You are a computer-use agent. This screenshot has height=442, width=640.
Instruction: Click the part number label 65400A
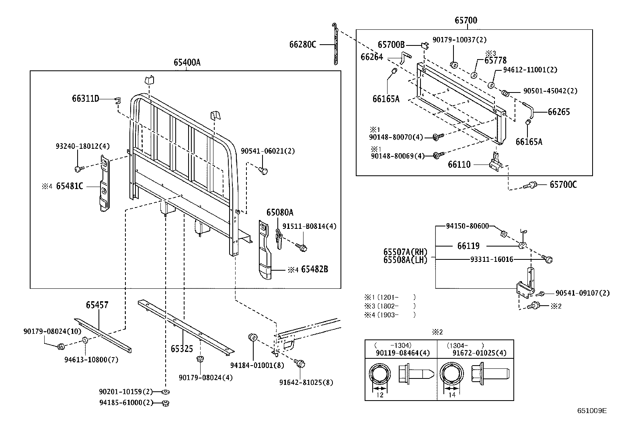pos(187,62)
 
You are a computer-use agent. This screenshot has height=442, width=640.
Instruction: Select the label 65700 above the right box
pos(466,21)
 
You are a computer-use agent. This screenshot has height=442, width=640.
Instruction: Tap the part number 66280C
pos(303,44)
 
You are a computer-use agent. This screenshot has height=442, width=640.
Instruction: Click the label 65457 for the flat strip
pos(97,305)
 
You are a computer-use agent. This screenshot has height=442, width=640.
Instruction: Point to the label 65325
pos(182,349)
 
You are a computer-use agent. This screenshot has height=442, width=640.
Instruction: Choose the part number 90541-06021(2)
pos(268,151)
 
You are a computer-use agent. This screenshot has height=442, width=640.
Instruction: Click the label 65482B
pos(314,269)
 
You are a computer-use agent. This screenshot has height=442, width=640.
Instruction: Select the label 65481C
pos(70,186)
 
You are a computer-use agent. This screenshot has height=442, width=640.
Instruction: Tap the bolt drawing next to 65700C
pos(531,185)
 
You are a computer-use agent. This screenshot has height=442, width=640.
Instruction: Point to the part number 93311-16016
pos(491,259)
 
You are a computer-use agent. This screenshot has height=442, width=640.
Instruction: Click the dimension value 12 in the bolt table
pos(380,395)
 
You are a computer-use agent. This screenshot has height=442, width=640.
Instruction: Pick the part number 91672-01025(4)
pos(479,353)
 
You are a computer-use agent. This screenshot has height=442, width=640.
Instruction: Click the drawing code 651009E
pos(592,411)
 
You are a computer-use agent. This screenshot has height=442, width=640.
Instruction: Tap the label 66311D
pos(85,99)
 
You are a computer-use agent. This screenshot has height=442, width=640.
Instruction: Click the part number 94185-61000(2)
pos(126,403)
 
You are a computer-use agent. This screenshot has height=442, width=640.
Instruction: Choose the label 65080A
pos(280,212)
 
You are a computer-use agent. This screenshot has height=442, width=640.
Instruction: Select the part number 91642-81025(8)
pos(306,382)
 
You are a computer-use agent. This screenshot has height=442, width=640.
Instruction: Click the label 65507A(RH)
pos(405,252)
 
